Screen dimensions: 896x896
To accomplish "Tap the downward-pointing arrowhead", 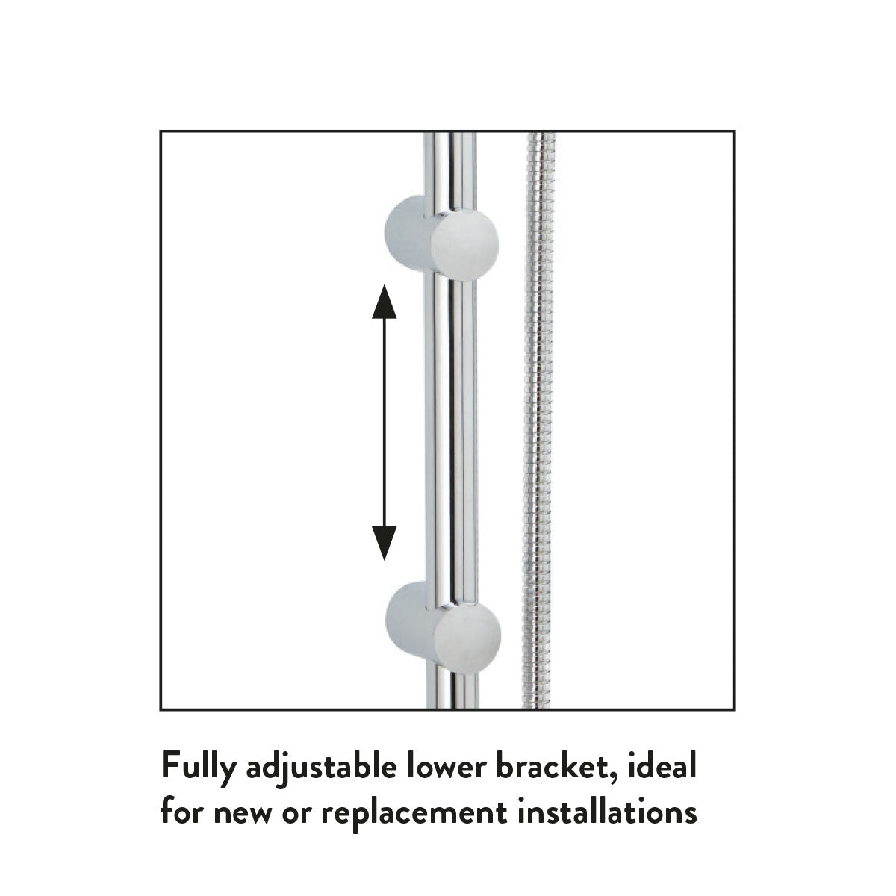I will click(x=384, y=543).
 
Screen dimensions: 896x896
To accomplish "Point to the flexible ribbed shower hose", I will click(x=540, y=418).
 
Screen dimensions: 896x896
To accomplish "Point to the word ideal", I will click(x=665, y=767).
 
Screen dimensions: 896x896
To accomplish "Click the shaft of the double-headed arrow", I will click(x=384, y=422).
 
